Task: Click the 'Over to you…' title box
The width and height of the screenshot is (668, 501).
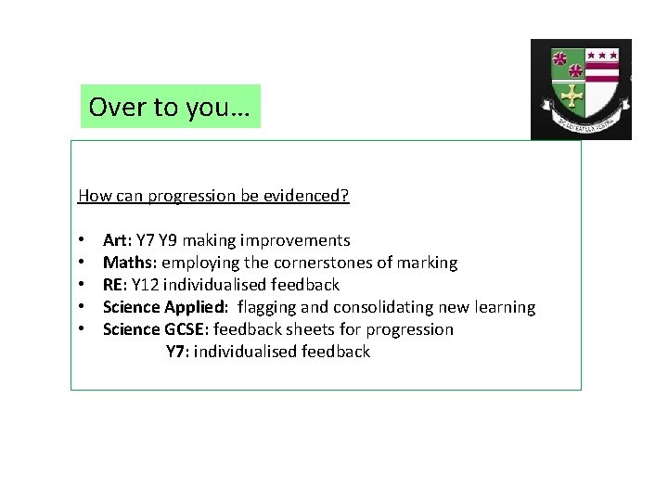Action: (x=171, y=107)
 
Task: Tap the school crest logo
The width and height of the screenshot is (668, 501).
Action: (x=581, y=89)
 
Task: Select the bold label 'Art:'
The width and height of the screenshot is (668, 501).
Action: (x=116, y=240)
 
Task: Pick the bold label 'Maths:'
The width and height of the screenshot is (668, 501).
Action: (x=130, y=263)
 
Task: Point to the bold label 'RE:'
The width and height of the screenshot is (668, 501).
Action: (x=115, y=285)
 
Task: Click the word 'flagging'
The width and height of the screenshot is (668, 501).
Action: (x=269, y=307)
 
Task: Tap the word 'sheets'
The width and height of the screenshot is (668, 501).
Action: (x=307, y=329)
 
